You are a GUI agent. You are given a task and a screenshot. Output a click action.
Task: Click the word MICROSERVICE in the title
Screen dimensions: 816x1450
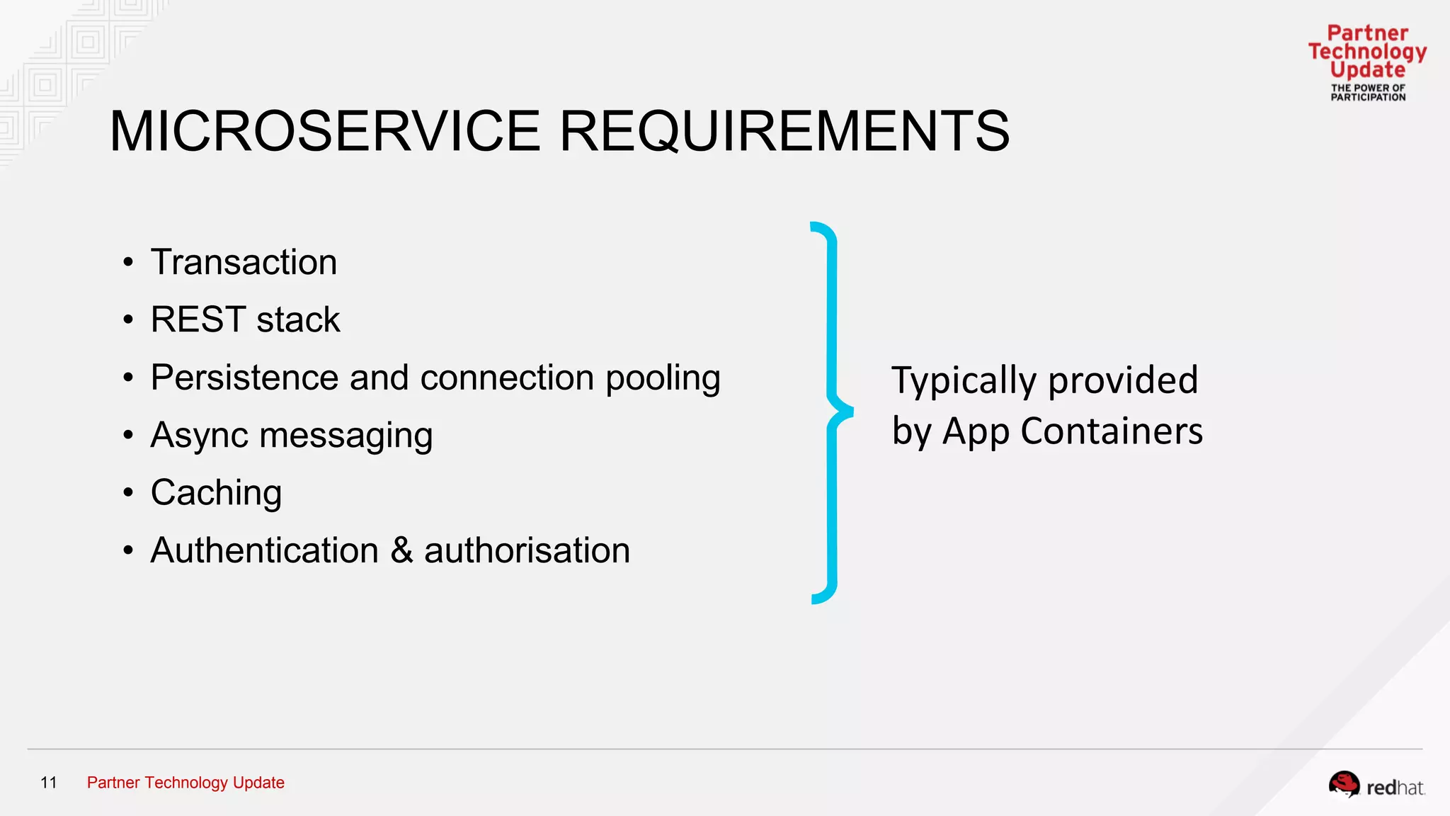pyautogui.click(x=325, y=131)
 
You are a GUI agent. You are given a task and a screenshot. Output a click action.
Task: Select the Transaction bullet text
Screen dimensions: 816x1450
pyautogui.click(x=244, y=262)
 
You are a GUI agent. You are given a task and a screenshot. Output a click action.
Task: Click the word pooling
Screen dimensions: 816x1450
pyautogui.click(x=663, y=378)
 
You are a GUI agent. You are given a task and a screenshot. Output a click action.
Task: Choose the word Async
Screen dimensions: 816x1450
pyautogui.click(x=199, y=436)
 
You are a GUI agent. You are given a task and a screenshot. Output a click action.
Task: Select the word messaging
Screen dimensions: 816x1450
pyautogui.click(x=346, y=436)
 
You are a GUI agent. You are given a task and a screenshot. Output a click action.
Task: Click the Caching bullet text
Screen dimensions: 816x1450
pyautogui.click(x=216, y=493)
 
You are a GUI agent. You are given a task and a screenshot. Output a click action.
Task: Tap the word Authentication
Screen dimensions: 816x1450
pyautogui.click(x=265, y=550)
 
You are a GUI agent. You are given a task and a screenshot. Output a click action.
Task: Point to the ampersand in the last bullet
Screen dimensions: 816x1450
pyautogui.click(x=401, y=550)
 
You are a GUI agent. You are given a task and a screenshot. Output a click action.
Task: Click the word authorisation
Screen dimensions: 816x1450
pyautogui.click(x=527, y=550)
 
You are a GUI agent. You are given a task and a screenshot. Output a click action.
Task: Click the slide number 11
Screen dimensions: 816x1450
pyautogui.click(x=49, y=783)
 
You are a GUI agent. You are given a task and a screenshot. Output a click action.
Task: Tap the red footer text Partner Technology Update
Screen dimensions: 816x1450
pyautogui.click(x=185, y=783)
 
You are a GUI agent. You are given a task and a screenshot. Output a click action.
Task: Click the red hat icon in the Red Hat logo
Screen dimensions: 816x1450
pyautogui.click(x=1344, y=784)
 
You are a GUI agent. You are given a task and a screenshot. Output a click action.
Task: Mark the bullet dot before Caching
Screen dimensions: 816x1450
pyautogui.click(x=128, y=493)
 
